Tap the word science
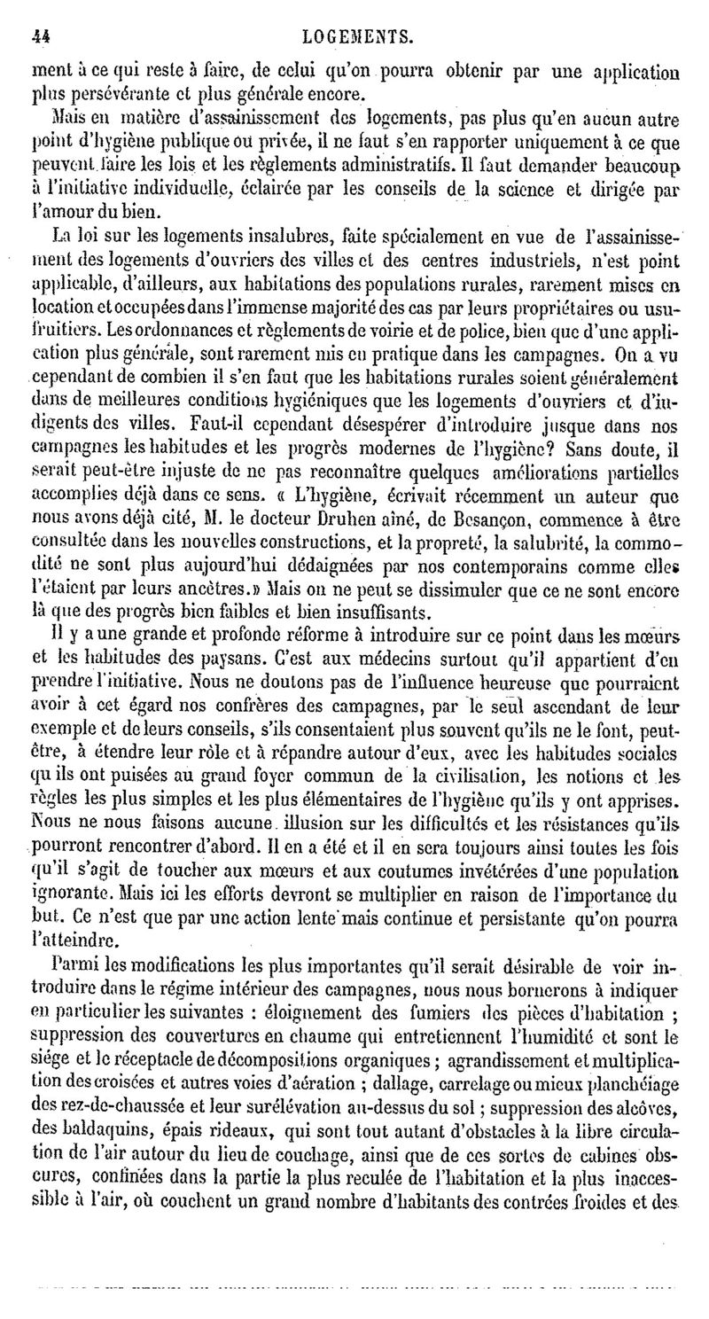(513, 188)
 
